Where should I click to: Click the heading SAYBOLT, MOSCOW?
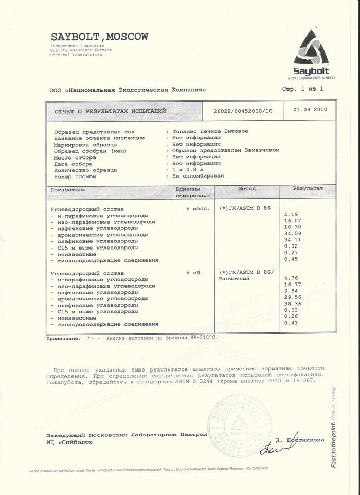point(99,37)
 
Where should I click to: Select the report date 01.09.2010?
point(310,110)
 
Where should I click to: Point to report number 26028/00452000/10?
point(243,111)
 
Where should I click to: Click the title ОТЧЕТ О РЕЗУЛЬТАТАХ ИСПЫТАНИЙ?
point(110,111)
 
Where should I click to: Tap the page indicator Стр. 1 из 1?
point(303,89)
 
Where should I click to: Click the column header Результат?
point(308,189)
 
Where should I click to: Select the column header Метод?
point(246,189)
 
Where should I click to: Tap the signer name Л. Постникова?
point(300,440)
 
